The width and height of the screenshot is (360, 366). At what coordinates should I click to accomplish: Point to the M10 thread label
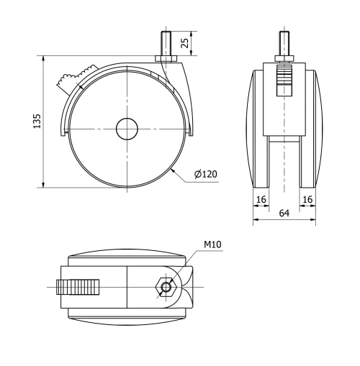tap(213, 245)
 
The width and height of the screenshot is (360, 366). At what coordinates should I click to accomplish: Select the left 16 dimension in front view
tap(261, 198)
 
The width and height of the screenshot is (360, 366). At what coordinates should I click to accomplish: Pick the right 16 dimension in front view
tap(308, 198)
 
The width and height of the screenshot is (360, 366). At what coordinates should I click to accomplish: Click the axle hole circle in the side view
tap(126, 129)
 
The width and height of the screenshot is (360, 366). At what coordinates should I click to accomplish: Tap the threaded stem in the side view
tap(165, 41)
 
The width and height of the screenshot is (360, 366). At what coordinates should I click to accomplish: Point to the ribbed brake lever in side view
tap(72, 78)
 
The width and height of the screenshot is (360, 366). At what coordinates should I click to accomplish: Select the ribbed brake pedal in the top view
tap(80, 287)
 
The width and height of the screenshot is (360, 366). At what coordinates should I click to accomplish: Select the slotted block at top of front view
tap(284, 79)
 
